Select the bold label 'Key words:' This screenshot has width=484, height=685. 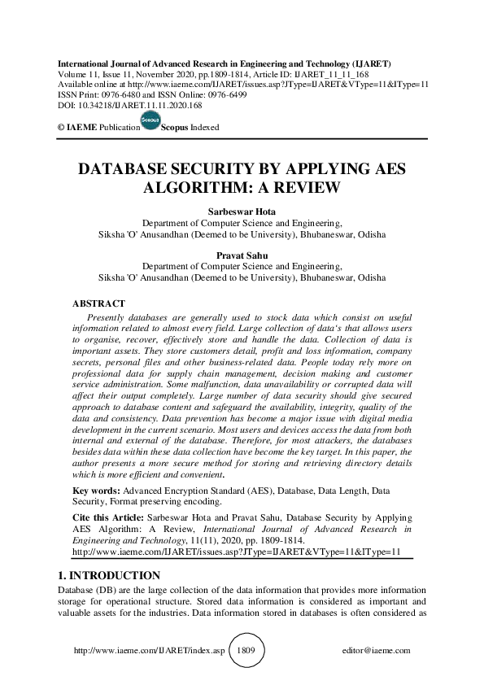pos(96,491)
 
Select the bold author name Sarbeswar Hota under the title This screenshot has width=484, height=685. pos(242,210)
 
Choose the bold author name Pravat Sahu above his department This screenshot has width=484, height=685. pos(242,255)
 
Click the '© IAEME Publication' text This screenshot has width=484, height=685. pos(94,128)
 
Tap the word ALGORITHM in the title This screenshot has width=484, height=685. pos(198,188)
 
